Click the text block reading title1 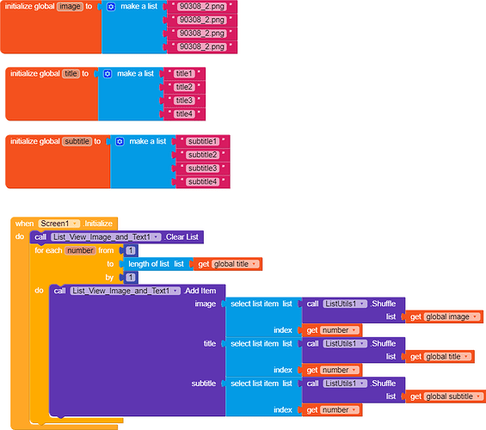pos(184,74)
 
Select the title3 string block pos(184,101)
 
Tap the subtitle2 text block pos(202,155)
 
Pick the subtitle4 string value pos(202,181)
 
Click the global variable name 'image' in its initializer pos(70,7)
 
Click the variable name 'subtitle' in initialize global pos(77,142)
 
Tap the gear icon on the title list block pos(108,74)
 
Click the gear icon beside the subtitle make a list pos(120,142)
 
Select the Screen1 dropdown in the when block pos(58,224)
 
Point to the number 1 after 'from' pos(131,250)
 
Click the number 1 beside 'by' pos(131,277)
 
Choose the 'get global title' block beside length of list pos(228,264)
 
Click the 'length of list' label pos(149,264)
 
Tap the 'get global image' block pos(444,316)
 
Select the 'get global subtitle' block pos(446,396)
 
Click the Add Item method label pos(200,291)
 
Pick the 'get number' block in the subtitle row pos(332,410)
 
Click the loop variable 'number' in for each pos(80,250)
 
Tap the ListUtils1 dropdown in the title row pos(345,343)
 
